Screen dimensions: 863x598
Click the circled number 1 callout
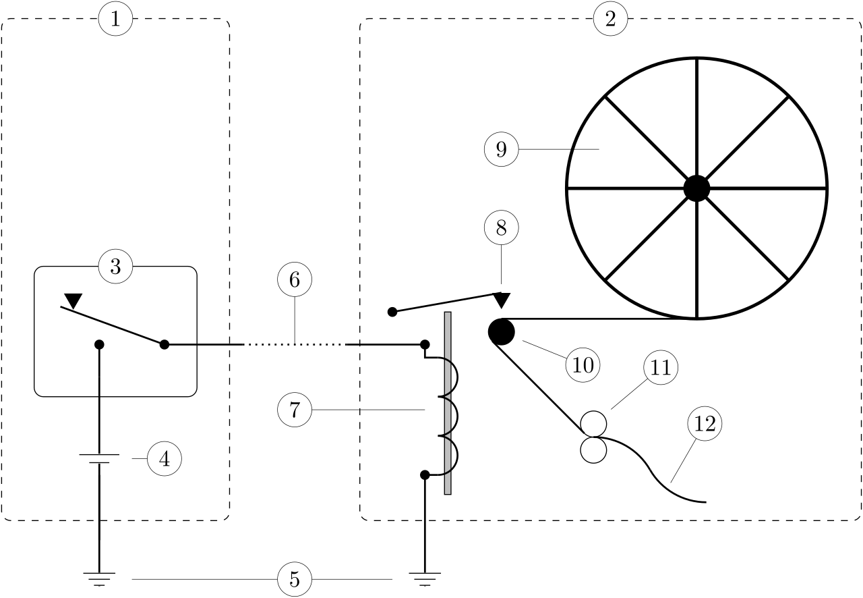click(x=115, y=18)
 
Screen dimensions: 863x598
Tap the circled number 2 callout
click(x=611, y=18)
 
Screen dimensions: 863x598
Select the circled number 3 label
click(x=115, y=266)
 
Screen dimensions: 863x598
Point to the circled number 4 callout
click(x=165, y=459)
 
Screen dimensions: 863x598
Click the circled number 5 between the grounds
click(x=295, y=579)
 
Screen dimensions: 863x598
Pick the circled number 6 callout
click(x=295, y=279)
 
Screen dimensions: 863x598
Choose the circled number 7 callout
click(x=295, y=410)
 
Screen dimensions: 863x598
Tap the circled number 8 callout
click(x=501, y=227)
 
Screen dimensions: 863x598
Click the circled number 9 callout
click(x=501, y=149)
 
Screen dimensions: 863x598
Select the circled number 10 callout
click(x=583, y=365)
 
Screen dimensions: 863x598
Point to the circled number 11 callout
click(x=661, y=367)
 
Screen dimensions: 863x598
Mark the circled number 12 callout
click(x=705, y=424)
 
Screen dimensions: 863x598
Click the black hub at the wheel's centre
click(x=696, y=188)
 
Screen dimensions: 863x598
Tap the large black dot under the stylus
click(x=501, y=332)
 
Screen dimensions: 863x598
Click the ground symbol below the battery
click(x=99, y=579)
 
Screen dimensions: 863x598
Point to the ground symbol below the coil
click(x=425, y=579)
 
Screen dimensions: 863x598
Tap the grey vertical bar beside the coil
click(x=448, y=403)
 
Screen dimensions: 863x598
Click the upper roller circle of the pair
click(x=593, y=424)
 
